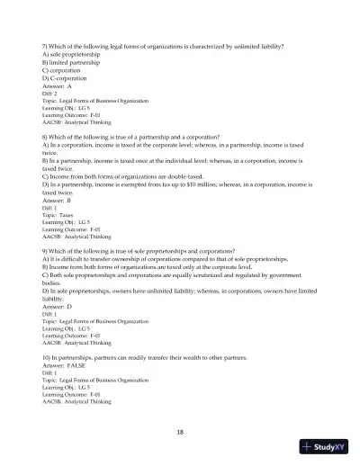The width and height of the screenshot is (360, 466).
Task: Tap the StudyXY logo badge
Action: [x=327, y=447]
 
